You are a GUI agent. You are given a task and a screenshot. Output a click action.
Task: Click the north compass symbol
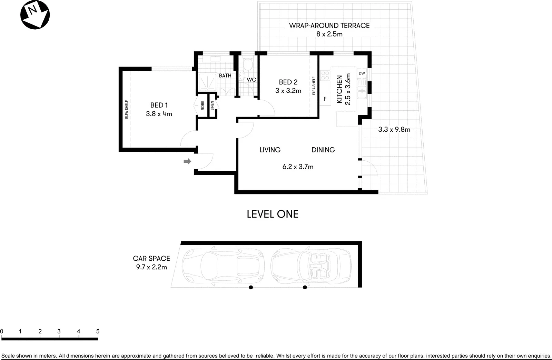pos(35,14)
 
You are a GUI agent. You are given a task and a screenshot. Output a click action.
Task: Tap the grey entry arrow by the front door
pos(187,161)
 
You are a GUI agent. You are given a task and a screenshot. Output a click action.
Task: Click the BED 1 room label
pos(159,105)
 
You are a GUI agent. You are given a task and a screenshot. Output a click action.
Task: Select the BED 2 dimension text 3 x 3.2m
pos(288,91)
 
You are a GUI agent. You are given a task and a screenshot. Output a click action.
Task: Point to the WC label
pos(251,80)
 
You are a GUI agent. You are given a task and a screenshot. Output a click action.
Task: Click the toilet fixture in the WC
pos(248,64)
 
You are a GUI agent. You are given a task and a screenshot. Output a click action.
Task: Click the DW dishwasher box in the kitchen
pos(362,73)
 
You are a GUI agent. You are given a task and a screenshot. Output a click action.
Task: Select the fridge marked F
pos(325,99)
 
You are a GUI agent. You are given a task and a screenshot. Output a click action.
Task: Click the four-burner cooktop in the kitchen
pos(325,76)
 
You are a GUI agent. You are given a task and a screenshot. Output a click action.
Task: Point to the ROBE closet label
pos(203,106)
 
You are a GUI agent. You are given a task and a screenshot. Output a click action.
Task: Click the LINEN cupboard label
pos(212,106)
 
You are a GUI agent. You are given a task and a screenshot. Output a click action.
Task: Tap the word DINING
pos(323,150)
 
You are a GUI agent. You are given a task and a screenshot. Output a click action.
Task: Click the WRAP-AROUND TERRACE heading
pos(329,26)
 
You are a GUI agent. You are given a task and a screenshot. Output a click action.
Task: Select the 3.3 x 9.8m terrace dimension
pos(394,130)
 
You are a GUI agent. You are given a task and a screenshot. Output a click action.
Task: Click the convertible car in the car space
pos(310,265)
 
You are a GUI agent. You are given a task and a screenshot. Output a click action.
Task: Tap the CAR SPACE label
pos(151,258)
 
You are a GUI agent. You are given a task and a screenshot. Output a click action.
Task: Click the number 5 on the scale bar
pos(98,331)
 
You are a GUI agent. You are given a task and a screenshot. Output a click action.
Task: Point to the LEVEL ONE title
pos(273,214)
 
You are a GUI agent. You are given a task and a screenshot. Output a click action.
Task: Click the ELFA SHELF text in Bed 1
pos(127,109)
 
